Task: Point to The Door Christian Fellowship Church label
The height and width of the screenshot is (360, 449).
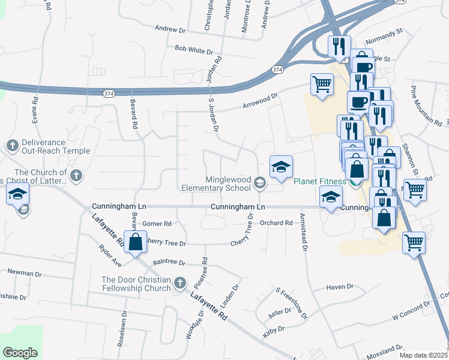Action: click(136, 284)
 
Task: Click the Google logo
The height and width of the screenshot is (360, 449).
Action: click(20, 353)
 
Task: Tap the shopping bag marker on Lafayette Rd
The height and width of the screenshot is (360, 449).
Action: click(136, 242)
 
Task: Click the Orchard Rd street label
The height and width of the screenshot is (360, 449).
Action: click(276, 223)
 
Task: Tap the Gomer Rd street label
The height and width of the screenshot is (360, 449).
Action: click(157, 223)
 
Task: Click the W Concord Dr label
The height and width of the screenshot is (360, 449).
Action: click(411, 310)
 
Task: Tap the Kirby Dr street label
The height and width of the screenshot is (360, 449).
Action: click(273, 329)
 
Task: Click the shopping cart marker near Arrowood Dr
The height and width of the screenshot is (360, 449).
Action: click(322, 85)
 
